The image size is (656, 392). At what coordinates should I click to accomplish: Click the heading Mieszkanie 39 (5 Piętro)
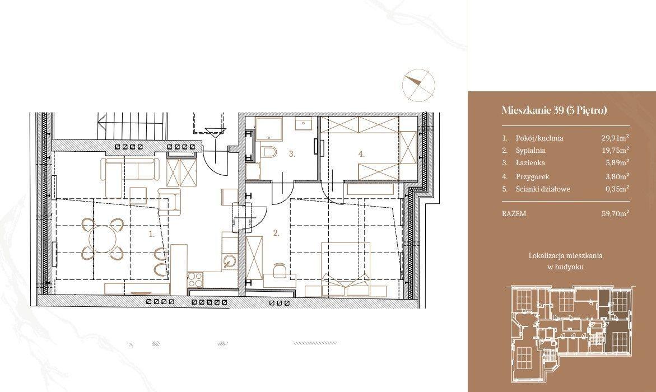coord(554,110)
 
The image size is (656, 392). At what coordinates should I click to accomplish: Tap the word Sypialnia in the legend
coord(531,150)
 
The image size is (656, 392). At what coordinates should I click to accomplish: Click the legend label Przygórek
coord(532,176)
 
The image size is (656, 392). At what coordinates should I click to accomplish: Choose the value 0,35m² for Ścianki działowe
coord(617,189)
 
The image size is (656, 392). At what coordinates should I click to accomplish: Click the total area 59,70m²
coord(615,213)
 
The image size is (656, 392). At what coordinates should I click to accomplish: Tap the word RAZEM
coord(514,213)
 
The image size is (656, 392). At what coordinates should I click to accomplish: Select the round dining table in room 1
coord(105,239)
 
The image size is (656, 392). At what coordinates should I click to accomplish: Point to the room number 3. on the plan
coord(292,154)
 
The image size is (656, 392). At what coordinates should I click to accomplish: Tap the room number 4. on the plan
coord(361,154)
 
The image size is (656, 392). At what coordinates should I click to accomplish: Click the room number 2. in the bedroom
coord(276,233)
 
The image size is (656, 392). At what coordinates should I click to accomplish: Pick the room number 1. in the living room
coord(152,234)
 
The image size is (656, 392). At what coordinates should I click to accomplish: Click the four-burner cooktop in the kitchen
coord(194,279)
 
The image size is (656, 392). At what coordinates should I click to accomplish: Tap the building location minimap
coord(569,333)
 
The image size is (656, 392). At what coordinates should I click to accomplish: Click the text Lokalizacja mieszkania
coord(566,255)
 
